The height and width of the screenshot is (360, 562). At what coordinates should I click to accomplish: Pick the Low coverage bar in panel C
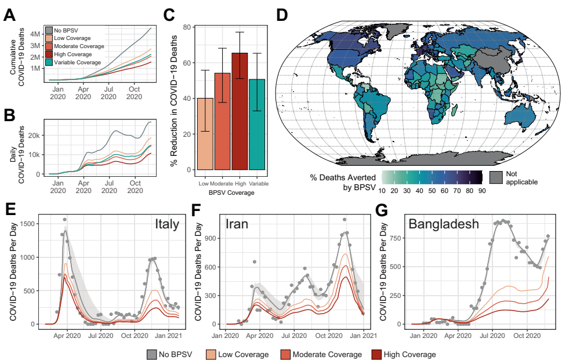205,134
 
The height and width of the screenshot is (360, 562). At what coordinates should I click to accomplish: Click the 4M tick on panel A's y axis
34,34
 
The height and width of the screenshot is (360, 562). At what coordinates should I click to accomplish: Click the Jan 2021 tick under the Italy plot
170,335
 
